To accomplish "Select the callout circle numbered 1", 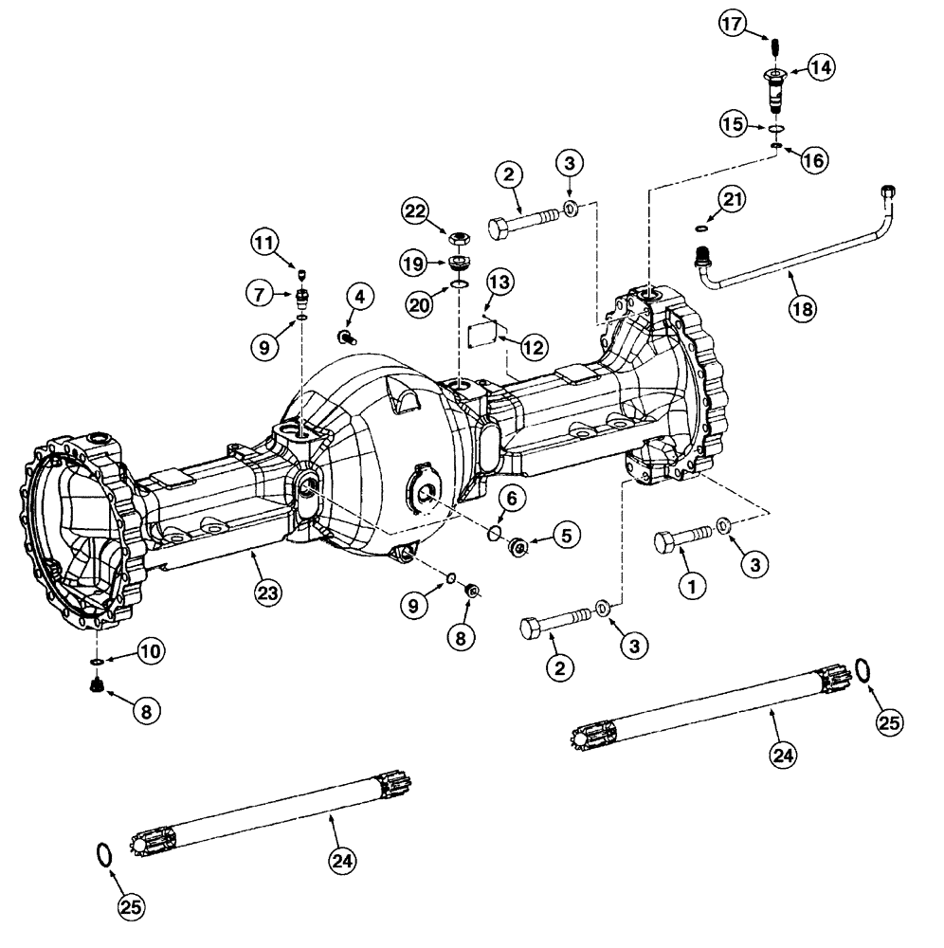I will point(691,588).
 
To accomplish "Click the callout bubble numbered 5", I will point(566,537).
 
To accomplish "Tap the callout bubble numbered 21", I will point(732,198).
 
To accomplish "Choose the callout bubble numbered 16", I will point(812,160).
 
